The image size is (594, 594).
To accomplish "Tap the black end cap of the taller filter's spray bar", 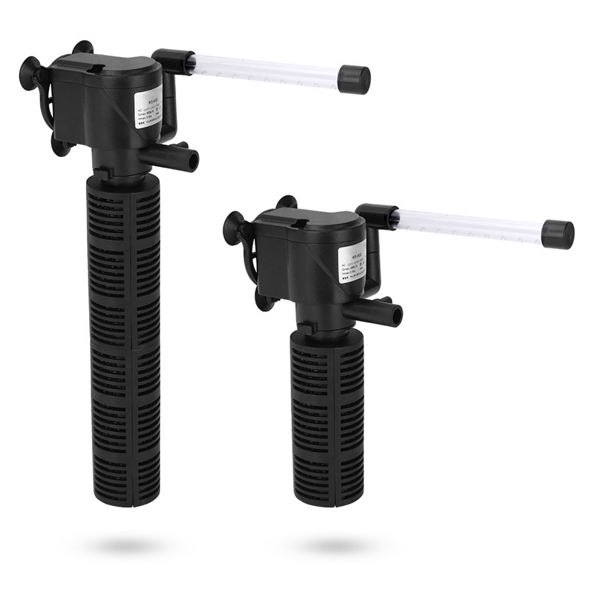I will point(354,80).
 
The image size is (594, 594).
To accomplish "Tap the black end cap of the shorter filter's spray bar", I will point(558,234).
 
